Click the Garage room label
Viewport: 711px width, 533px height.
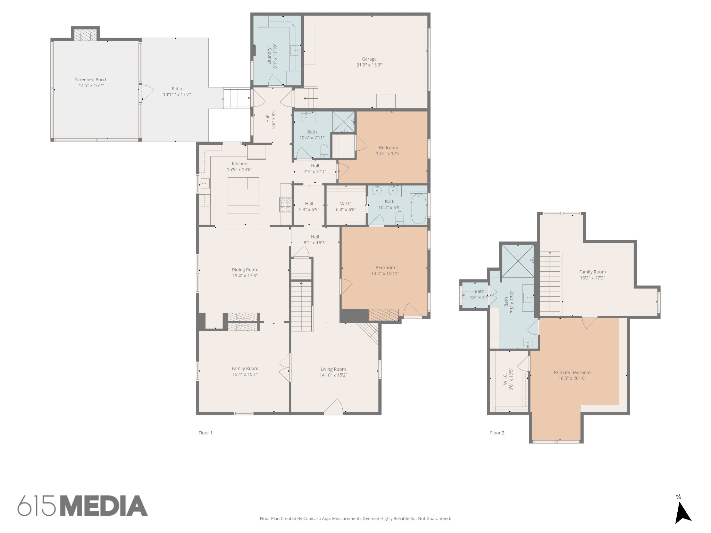coord(369,59)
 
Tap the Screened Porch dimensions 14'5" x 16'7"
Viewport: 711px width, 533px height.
coord(91,85)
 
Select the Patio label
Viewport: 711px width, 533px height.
coord(177,88)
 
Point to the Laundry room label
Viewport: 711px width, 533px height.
coord(269,56)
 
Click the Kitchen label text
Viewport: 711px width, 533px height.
coord(240,163)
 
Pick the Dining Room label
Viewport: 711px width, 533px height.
coord(245,270)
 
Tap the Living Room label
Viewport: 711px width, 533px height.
coord(333,369)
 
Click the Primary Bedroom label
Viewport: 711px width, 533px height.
coord(572,372)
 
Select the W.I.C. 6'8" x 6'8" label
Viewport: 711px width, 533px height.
coord(346,206)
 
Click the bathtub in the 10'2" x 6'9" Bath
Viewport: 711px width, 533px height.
coord(419,208)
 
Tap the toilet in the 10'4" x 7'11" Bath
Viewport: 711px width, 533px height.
coord(324,151)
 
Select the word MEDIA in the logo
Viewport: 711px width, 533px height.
coord(104,506)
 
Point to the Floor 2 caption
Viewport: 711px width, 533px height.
coord(497,433)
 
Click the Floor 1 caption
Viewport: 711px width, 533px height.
coord(205,433)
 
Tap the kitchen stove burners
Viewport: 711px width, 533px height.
coord(285,204)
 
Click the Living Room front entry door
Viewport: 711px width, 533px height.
coord(334,408)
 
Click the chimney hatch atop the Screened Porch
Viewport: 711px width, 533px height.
coord(85,35)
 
